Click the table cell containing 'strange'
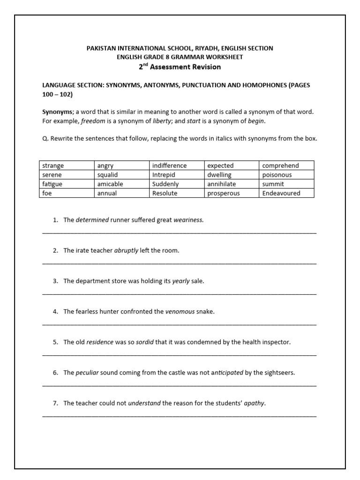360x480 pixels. [66, 165]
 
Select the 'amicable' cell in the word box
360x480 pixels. [121, 184]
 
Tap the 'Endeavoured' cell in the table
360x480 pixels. [286, 193]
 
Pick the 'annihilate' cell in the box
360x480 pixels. [231, 184]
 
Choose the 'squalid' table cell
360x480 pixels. [121, 175]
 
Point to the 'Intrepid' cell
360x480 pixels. [176, 175]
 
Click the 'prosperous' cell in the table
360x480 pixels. [231, 193]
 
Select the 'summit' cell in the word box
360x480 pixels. [286, 184]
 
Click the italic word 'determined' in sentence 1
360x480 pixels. [92, 220]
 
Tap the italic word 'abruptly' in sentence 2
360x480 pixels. [126, 250]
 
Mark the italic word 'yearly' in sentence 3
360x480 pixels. [181, 281]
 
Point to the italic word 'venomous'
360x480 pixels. [180, 311]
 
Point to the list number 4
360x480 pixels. [55, 311]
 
